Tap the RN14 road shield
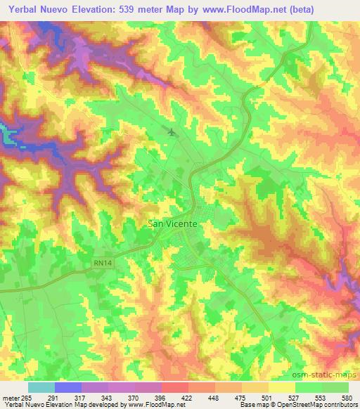[103, 263]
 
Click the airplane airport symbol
[172, 131]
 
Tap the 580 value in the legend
[347, 397]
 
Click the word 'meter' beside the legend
[12, 397]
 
